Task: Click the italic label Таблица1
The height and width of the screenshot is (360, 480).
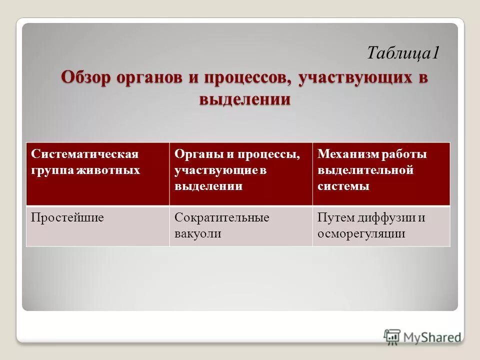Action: click(x=403, y=52)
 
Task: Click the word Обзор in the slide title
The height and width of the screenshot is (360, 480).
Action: click(x=86, y=78)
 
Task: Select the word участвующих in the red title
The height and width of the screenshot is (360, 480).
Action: click(x=354, y=78)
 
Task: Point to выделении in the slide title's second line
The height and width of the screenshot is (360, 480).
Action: click(x=244, y=98)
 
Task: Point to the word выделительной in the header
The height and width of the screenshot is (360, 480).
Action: click(x=365, y=170)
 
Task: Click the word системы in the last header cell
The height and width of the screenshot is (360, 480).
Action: click(x=343, y=186)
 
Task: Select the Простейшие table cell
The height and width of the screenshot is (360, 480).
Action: click(x=67, y=217)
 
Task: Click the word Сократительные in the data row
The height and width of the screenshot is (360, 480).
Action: click(x=222, y=217)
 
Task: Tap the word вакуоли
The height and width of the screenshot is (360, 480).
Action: click(x=198, y=233)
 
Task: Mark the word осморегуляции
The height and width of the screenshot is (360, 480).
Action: click(x=361, y=233)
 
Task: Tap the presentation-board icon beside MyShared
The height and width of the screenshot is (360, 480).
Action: click(x=392, y=336)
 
